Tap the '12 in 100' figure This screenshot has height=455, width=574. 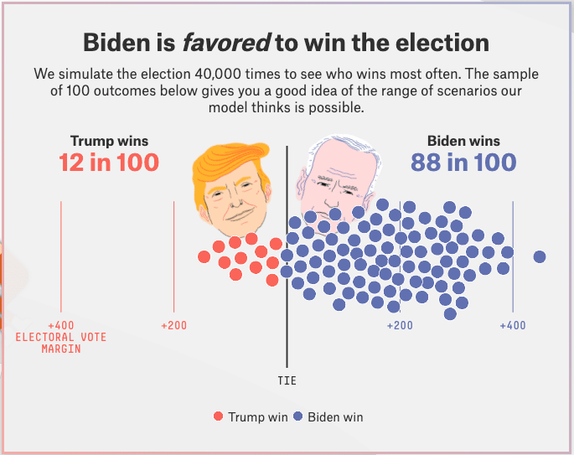coord(109,162)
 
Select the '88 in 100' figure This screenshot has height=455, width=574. coord(463,162)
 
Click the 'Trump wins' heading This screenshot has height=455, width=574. coord(109,141)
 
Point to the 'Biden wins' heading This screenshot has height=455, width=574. coord(463,141)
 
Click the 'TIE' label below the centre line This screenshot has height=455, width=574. coord(287,380)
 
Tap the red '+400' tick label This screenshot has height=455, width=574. coord(60,325)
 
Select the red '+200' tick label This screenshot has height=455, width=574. coord(173,325)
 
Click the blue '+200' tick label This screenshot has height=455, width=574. coord(400,325)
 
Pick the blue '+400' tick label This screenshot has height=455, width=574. coord(513,325)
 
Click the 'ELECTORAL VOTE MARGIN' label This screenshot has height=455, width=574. coord(61,343)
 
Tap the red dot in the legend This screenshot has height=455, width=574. coord(219,416)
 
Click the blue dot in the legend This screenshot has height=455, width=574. coord(297,416)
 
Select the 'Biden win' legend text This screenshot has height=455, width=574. coord(335,416)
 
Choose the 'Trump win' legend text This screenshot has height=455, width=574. coord(258,416)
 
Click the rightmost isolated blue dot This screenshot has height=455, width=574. coord(540,256)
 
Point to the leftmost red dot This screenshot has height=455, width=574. coord(204,256)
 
